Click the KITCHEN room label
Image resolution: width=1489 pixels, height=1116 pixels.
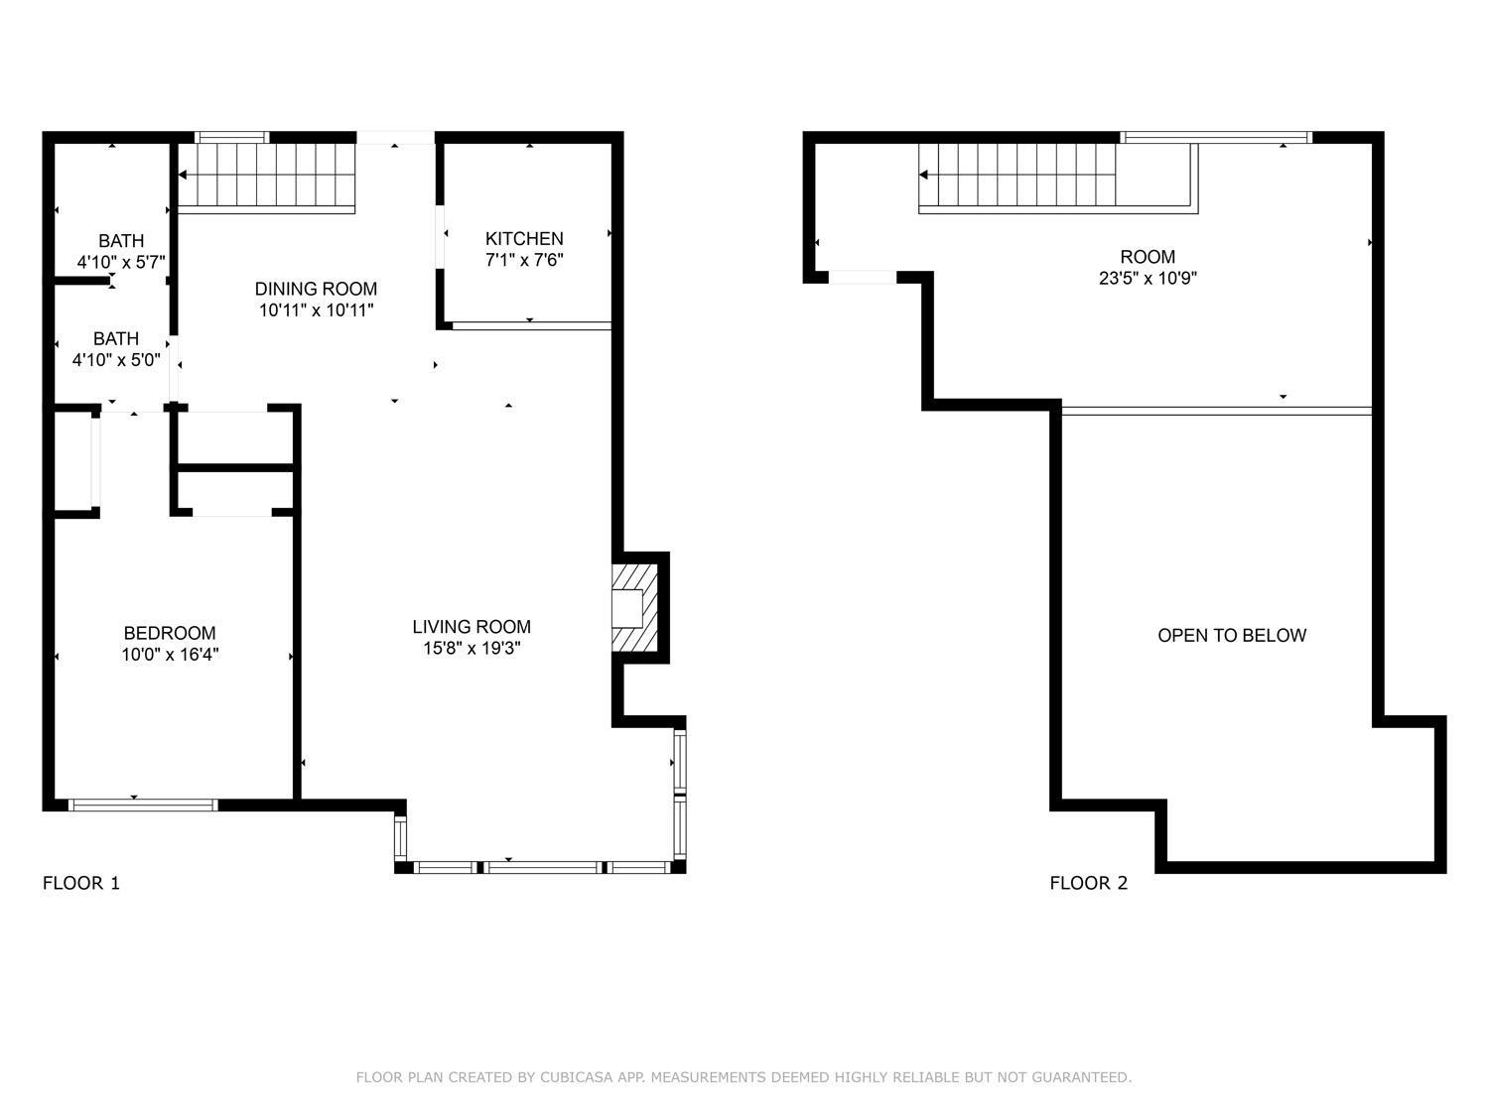[x=524, y=238]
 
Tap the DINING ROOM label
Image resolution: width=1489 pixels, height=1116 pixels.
[x=316, y=289]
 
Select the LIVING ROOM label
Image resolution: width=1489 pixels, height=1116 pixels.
[x=472, y=626]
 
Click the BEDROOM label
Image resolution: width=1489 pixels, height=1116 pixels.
[x=170, y=633]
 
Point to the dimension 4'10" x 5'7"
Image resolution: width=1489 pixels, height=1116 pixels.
[x=121, y=263]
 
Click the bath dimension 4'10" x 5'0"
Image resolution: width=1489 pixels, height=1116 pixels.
[x=116, y=360]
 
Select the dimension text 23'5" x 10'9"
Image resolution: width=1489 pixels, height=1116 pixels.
[x=1148, y=279]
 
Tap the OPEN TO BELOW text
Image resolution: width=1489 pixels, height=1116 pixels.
[x=1232, y=635]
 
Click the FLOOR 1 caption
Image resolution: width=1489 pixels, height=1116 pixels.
[x=81, y=883]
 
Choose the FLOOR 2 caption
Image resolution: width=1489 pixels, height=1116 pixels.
[x=1089, y=883]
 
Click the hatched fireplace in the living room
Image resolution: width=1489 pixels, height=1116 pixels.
[x=635, y=608]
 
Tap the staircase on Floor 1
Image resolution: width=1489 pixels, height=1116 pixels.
[x=266, y=177]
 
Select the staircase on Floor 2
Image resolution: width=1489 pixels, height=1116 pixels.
[x=1017, y=177]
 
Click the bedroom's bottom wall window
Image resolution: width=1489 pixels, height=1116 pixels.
[x=142, y=805]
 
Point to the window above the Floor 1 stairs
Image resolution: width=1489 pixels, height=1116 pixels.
[x=231, y=138]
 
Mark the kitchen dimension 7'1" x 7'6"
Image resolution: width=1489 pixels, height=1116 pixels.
[x=524, y=260]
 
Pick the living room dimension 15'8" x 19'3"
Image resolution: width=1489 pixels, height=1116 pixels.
[x=472, y=649]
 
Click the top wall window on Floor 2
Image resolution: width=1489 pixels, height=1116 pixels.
[x=1216, y=138]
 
